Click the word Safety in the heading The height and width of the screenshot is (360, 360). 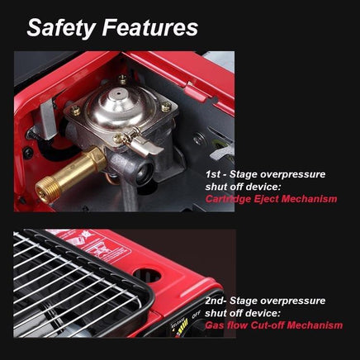point(61,28)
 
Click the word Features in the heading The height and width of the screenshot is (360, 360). point(150,27)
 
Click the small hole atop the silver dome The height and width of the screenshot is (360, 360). point(119,93)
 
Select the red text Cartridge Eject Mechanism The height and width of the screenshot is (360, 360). point(271,198)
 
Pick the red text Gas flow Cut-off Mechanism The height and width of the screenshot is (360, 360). point(274,325)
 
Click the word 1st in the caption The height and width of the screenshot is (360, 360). point(213,174)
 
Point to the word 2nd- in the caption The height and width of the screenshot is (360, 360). point(216,301)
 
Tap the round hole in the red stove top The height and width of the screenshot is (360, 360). point(147,275)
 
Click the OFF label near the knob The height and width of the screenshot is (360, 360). point(196,315)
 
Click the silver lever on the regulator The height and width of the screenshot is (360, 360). point(146,147)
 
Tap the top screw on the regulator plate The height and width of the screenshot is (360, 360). point(123,78)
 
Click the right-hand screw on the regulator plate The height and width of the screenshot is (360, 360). point(166,107)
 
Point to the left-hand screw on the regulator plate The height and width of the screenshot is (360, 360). point(76,111)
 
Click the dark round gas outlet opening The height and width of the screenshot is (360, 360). point(144,173)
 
